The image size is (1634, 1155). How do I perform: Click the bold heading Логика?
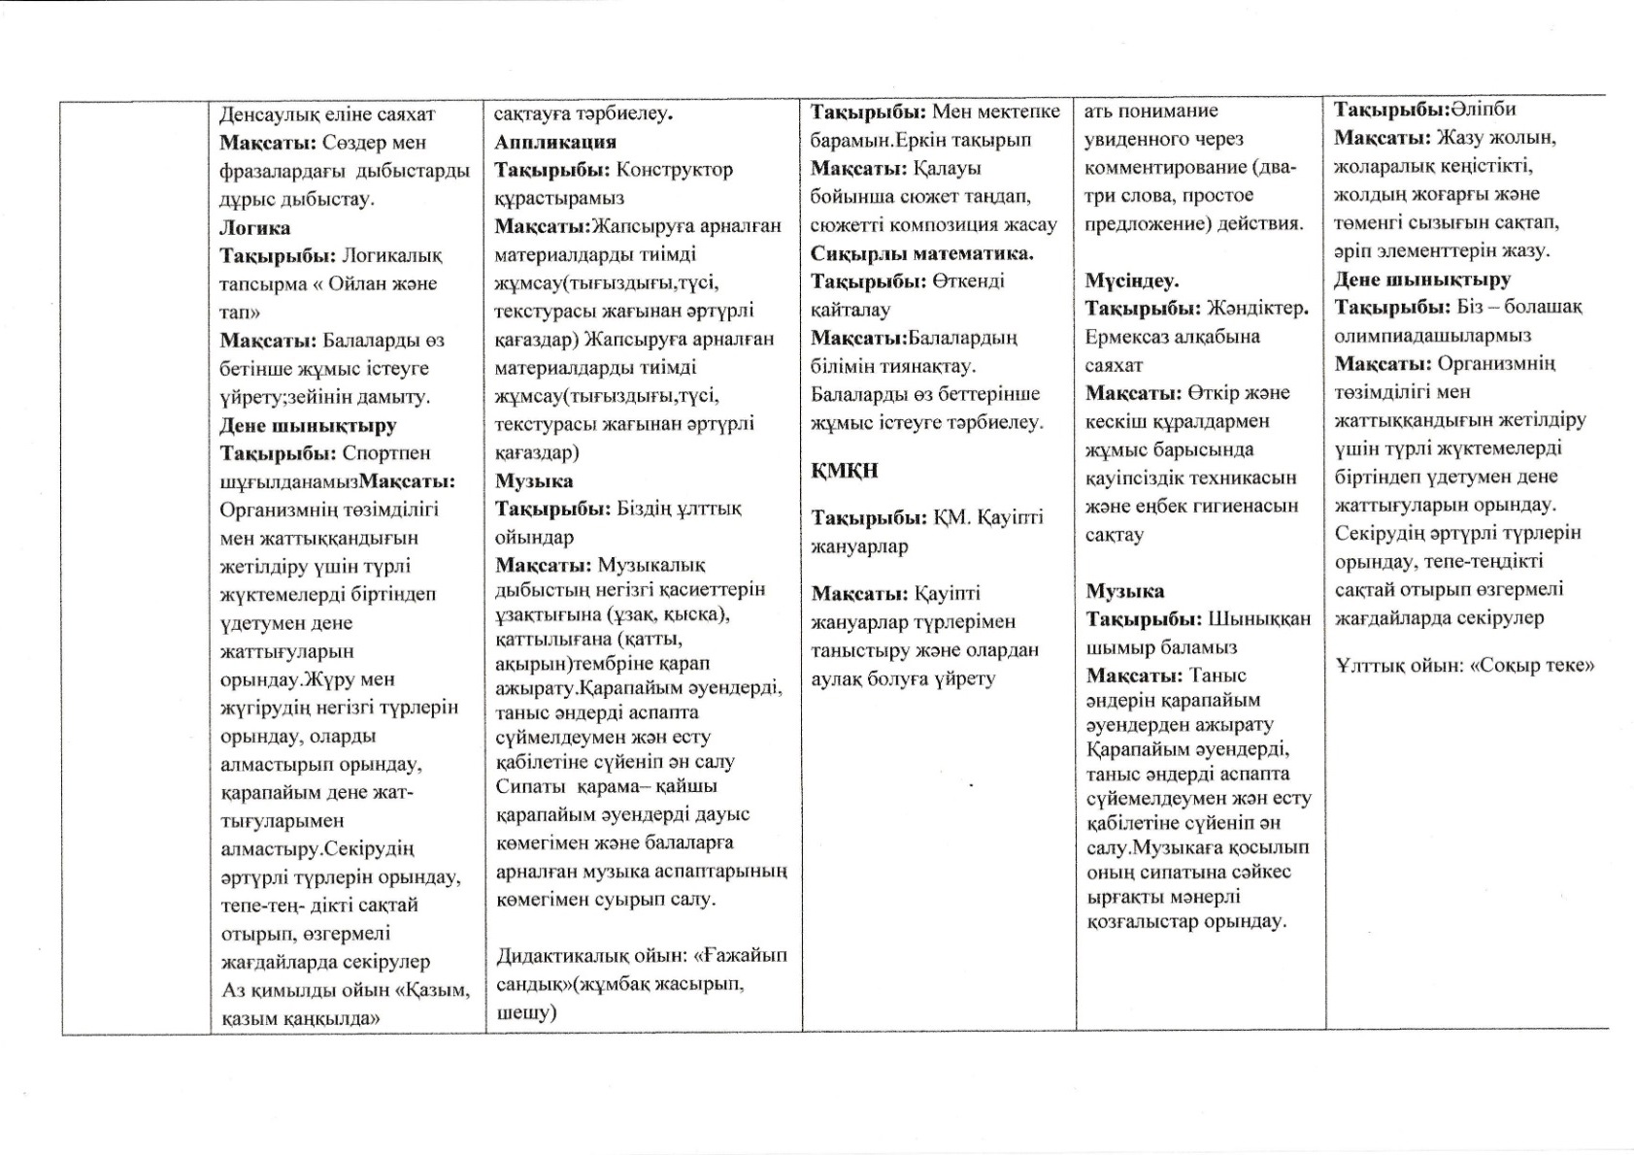coord(254,228)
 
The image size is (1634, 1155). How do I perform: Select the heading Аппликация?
coord(555,142)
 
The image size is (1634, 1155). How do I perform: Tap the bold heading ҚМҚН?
coord(845,471)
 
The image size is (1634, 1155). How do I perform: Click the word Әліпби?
coord(1484,110)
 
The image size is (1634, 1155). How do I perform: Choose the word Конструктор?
coord(675,170)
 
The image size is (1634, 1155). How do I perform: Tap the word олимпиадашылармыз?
coord(1432,336)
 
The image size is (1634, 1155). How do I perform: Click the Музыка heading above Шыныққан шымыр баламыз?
coord(1124,591)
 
